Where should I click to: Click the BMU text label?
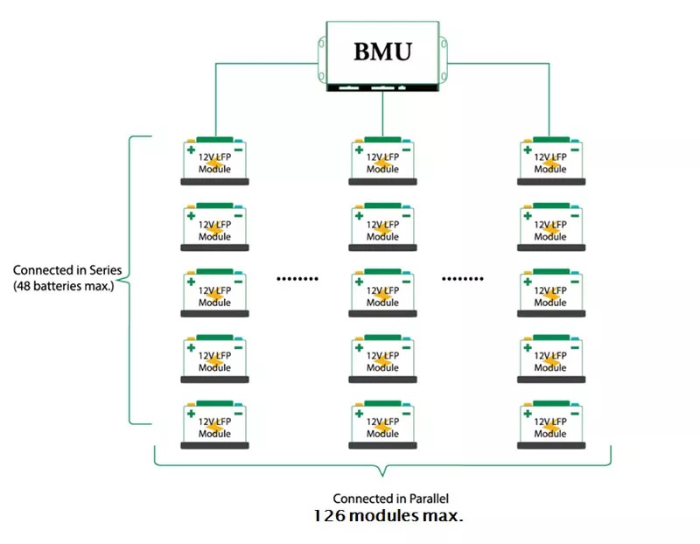(x=382, y=52)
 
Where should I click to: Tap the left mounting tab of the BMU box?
(x=322, y=59)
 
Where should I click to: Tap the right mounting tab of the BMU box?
(x=444, y=59)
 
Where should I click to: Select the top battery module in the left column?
(x=214, y=161)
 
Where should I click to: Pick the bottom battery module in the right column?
(x=551, y=424)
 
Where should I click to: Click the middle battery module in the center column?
(x=382, y=293)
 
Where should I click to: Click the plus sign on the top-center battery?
(x=360, y=150)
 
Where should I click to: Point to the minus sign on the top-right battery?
(x=575, y=150)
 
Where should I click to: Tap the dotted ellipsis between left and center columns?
(x=297, y=279)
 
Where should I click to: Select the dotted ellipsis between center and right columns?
(x=463, y=279)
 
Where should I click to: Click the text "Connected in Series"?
(x=67, y=270)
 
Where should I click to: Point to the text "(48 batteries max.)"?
(x=64, y=286)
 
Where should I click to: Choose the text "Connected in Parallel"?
(x=390, y=499)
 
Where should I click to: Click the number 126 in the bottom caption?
(x=330, y=516)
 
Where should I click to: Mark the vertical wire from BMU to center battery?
(x=382, y=114)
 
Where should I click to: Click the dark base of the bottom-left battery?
(x=214, y=445)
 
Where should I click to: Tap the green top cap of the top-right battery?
(x=551, y=140)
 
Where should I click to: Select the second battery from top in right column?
(x=551, y=227)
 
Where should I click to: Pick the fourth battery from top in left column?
(x=214, y=359)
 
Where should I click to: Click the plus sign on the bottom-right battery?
(x=528, y=414)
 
